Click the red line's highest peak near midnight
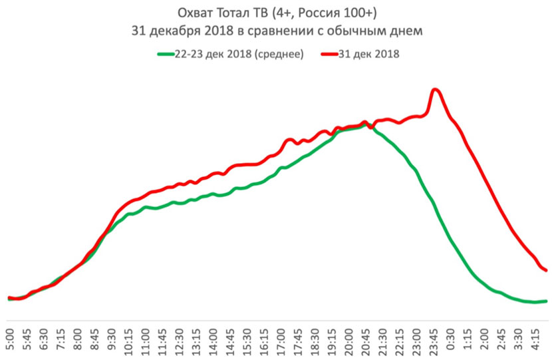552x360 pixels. (435, 89)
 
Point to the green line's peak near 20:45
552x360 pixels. (365, 124)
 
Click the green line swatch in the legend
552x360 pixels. (164, 55)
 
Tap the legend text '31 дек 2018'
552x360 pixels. (369, 55)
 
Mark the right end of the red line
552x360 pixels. (546, 270)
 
